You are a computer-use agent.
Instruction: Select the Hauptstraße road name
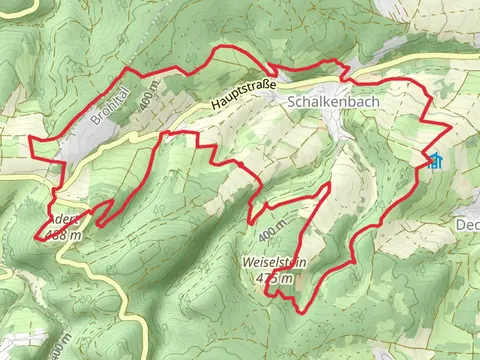click(x=243, y=94)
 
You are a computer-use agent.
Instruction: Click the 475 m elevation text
click(x=274, y=278)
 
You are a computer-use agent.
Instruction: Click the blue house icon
click(x=435, y=161)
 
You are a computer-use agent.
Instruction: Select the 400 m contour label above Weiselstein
click(x=271, y=234)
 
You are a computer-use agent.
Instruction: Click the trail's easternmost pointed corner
click(x=451, y=127)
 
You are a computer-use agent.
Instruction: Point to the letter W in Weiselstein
click(x=247, y=262)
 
